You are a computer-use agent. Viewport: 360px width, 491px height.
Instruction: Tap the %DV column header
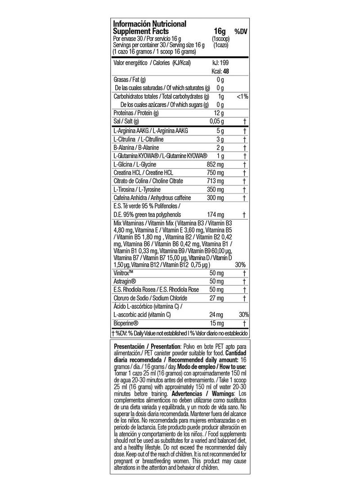point(241,32)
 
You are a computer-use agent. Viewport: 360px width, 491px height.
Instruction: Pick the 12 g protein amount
point(219,113)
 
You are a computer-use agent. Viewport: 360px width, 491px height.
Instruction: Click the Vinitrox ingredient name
point(126,273)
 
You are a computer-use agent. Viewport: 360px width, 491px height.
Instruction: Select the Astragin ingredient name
point(126,281)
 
